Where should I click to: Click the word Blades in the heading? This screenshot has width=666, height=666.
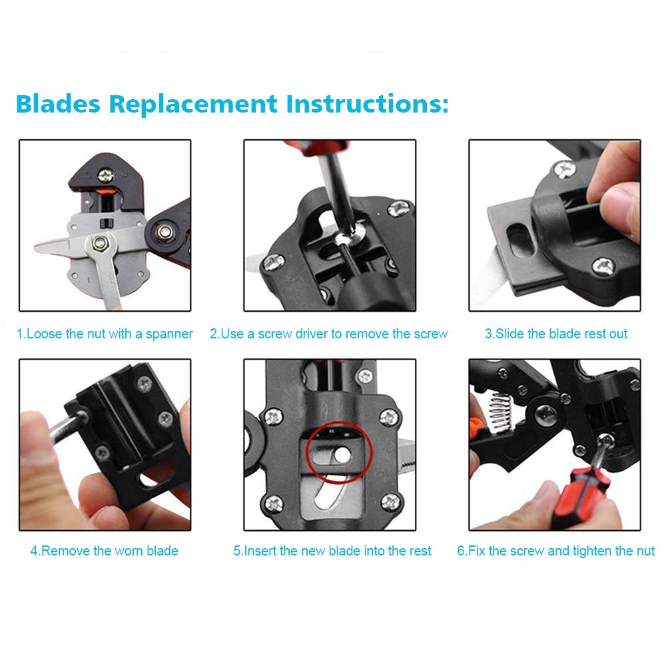point(58,104)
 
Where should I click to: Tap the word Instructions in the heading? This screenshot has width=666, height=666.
point(367,104)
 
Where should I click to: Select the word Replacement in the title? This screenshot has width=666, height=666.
point(193,105)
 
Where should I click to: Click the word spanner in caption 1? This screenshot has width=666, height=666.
point(169,334)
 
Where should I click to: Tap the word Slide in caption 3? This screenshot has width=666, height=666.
point(509,334)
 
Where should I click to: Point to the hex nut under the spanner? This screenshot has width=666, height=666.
point(100,243)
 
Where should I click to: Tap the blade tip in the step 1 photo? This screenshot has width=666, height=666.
point(37,247)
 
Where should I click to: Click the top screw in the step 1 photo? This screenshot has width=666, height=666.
point(106,175)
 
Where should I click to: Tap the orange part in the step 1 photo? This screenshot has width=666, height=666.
point(105,191)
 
